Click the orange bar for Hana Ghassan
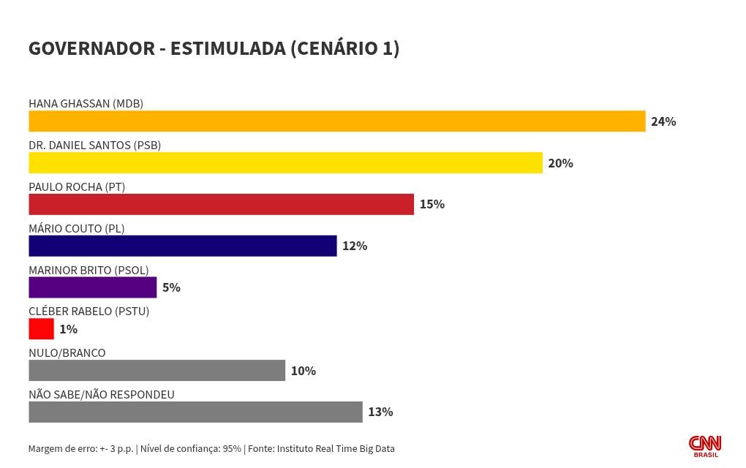[336, 121]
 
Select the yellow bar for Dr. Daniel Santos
[285, 163]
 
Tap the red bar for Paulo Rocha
[221, 204]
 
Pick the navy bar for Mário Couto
[182, 246]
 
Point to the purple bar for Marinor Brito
[92, 287]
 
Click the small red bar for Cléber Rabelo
[41, 329]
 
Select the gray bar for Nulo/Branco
[157, 371]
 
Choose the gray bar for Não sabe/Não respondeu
[195, 412]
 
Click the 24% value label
[663, 121]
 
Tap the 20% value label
[560, 163]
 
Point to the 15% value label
[432, 204]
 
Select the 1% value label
[68, 329]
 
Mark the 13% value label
[380, 412]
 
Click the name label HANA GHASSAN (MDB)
[86, 103]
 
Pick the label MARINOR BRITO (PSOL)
[88, 270]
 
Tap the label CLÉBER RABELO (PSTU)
[88, 312]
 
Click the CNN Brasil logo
[705, 446]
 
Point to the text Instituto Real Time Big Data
[335, 448]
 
